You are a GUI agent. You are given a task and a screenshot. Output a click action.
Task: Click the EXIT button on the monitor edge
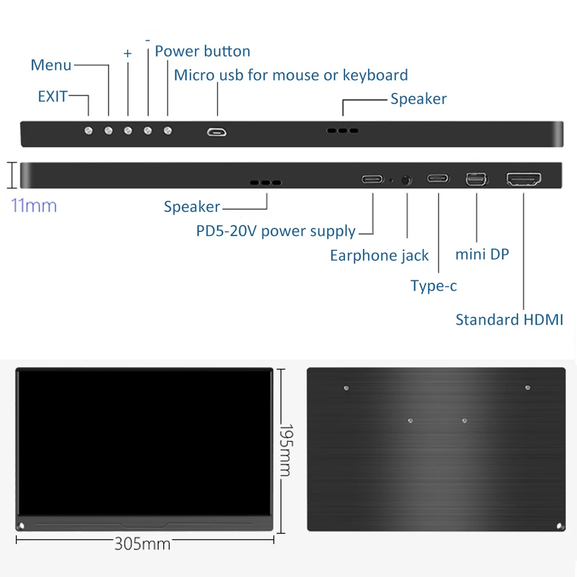[88, 131]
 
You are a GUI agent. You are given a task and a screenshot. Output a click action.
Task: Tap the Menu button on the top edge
[108, 131]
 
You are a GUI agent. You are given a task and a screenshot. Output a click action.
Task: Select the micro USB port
[217, 132]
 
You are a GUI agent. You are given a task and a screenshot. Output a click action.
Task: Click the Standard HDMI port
[524, 179]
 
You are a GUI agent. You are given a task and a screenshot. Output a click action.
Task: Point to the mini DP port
[477, 180]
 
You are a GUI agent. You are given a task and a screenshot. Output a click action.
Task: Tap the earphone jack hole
[407, 180]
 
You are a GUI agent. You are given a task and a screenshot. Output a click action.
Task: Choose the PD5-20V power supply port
[373, 179]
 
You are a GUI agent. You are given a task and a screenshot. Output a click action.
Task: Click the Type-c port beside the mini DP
[438, 178]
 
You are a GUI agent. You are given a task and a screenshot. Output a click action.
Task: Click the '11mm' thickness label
[34, 205]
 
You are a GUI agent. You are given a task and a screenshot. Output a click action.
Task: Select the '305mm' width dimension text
[143, 544]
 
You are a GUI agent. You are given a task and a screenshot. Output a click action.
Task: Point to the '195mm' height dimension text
[285, 450]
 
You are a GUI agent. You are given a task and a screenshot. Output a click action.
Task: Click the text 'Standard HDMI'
[509, 320]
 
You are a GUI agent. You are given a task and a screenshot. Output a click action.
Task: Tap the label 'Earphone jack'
[379, 256]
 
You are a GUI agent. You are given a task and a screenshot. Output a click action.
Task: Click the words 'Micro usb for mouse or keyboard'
[291, 75]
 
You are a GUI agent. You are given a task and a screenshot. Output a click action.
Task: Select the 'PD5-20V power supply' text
[276, 231]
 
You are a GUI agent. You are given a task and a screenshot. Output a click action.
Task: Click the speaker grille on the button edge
[342, 131]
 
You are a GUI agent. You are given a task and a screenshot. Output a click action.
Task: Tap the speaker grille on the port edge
[265, 183]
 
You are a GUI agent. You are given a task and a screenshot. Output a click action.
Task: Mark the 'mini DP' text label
[482, 254]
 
